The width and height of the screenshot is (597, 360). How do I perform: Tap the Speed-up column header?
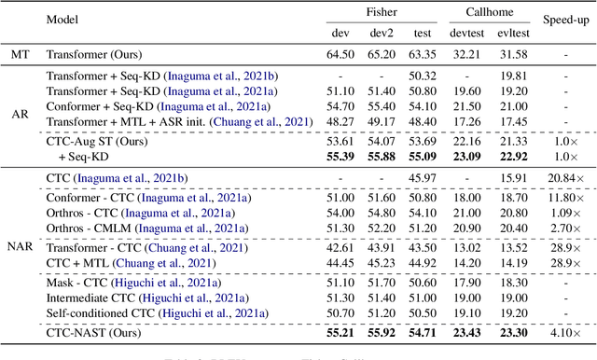pyautogui.click(x=562, y=20)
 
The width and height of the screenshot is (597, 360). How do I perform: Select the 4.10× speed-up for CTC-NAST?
pyautogui.click(x=562, y=331)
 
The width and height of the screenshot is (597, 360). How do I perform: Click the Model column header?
pyautogui.click(x=62, y=20)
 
